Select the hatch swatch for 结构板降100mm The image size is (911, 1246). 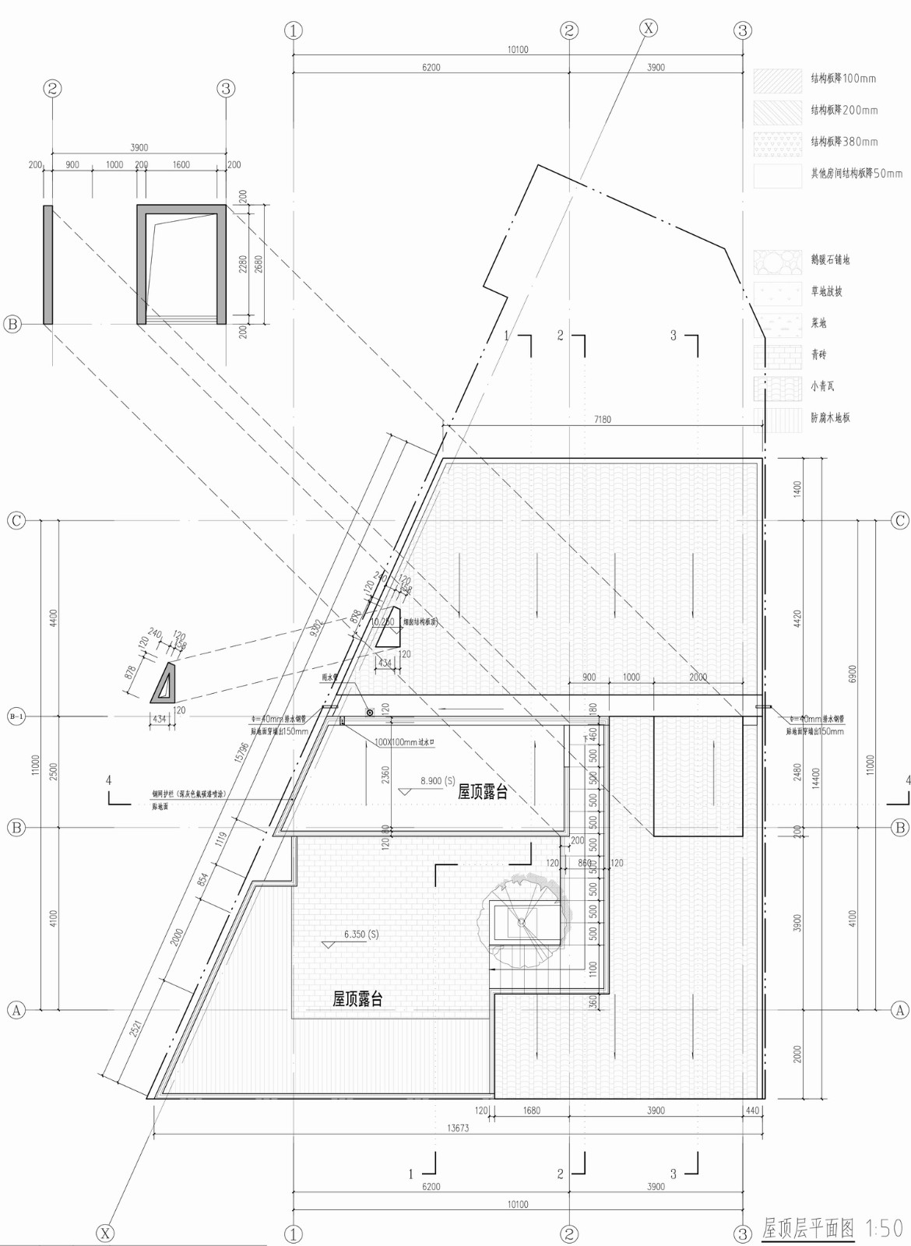[x=777, y=81]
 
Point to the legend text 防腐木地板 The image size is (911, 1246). [x=830, y=418]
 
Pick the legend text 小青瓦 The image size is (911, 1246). [x=822, y=386]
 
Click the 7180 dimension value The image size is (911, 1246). [x=602, y=420]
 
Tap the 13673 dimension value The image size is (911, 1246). [x=458, y=1128]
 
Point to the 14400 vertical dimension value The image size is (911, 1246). [x=815, y=778]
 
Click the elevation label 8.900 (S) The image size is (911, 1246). [x=438, y=780]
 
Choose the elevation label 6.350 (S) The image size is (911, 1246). [x=361, y=934]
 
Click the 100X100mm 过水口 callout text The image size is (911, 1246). [x=404, y=742]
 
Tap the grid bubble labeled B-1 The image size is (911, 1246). [x=16, y=716]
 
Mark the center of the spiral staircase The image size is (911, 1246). [x=522, y=922]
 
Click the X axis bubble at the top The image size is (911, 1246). [x=648, y=28]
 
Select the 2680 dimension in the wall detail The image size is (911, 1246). [x=259, y=265]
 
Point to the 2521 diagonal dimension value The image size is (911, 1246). [x=135, y=1029]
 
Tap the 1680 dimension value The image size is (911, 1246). [x=531, y=1110]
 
